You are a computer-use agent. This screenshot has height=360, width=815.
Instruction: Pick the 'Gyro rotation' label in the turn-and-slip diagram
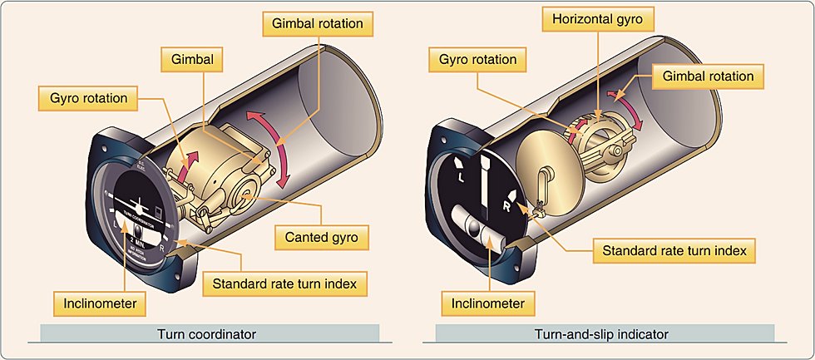(478, 60)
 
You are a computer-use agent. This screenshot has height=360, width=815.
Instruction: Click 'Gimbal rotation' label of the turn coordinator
(317, 23)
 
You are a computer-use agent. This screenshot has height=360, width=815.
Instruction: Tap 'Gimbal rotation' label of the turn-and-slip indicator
(709, 76)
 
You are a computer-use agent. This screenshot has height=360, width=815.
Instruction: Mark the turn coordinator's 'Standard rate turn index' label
(284, 284)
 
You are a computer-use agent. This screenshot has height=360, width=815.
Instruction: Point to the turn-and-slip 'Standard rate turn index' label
(673, 249)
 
